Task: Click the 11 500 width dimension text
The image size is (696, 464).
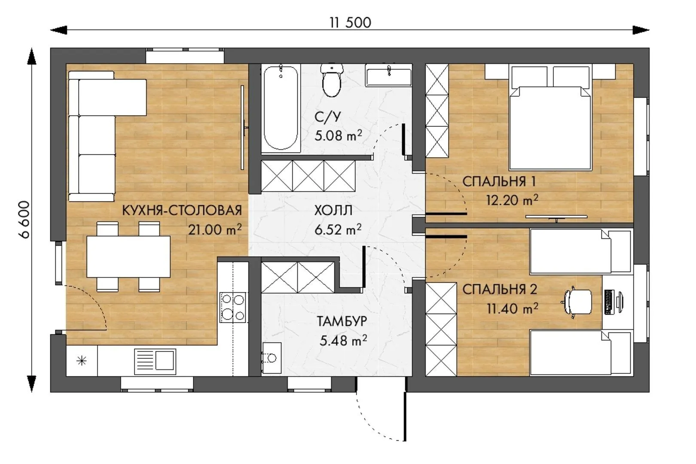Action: tap(350, 23)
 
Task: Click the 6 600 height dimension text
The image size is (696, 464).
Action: tap(24, 220)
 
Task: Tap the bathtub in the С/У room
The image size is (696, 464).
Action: tap(281, 108)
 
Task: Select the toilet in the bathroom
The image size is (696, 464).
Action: tap(332, 79)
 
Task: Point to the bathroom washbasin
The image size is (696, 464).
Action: tap(388, 75)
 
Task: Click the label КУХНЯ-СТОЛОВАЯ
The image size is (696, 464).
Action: tap(182, 211)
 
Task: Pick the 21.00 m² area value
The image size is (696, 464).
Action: tap(215, 230)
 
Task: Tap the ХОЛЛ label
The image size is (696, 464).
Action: tap(333, 211)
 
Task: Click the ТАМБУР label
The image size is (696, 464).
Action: tap(342, 321)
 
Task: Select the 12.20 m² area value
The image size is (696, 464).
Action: tap(512, 200)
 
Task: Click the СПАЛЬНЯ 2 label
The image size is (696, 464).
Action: tap(500, 290)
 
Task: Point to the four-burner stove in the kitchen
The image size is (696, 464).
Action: tap(233, 307)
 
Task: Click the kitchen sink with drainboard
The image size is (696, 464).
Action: tap(155, 361)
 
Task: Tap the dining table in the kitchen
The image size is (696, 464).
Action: tap(128, 257)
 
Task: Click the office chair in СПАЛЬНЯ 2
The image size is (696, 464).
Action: tap(577, 302)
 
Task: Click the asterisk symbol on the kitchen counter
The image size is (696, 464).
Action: tap(82, 361)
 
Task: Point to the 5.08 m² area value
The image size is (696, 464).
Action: tap(338, 136)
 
